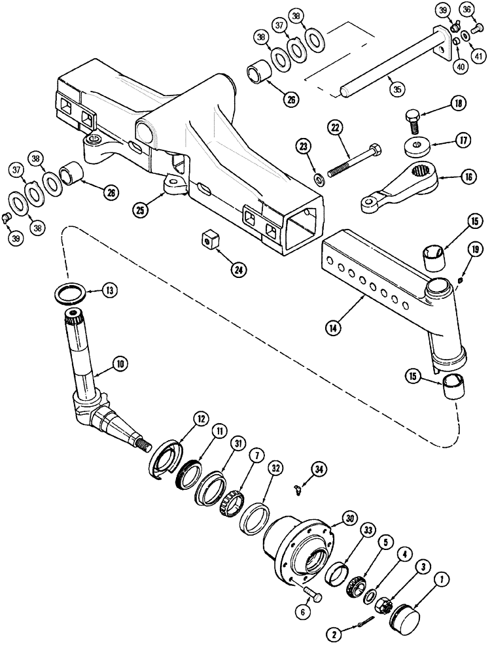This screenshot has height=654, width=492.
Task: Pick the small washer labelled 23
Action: tap(319, 178)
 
